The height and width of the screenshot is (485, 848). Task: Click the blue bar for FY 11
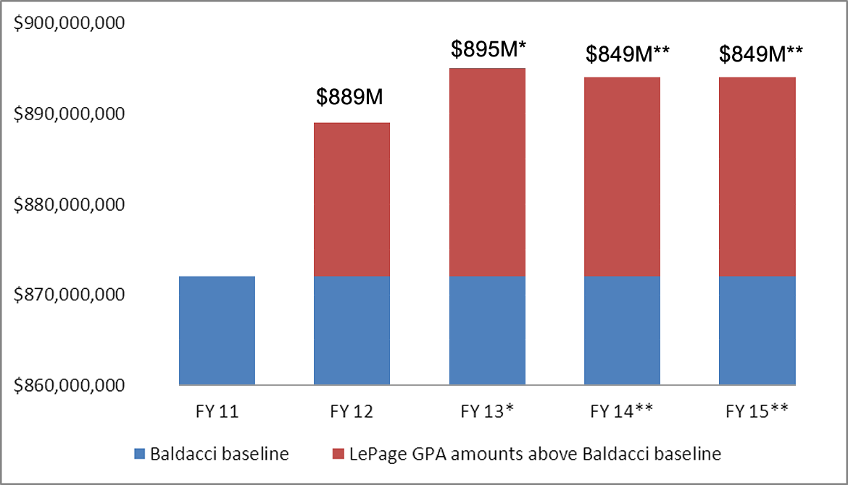pos(217,330)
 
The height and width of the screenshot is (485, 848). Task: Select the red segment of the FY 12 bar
pos(352,199)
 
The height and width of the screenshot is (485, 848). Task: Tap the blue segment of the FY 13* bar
pos(487,330)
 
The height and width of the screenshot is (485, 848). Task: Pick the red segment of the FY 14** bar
pos(622,177)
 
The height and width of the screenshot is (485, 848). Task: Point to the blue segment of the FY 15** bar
pos(757,330)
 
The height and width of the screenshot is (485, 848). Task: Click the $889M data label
pos(352,98)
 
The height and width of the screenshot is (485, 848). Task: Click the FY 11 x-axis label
pos(217,412)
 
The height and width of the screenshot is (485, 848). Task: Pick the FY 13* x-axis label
pos(487,412)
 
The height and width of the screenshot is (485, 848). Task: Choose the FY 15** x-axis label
pos(757,412)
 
